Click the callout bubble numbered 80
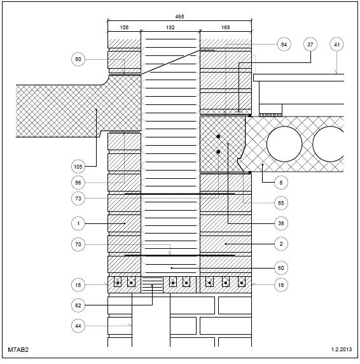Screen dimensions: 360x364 [x=78, y=59]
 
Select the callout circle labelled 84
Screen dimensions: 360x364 [x=284, y=45]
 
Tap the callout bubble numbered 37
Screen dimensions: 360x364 [x=310, y=45]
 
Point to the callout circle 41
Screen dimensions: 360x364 [x=336, y=45]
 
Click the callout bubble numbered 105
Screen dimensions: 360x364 [x=78, y=167]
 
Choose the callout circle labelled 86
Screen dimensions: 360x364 [x=78, y=183]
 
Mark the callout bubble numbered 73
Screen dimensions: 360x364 [x=78, y=199]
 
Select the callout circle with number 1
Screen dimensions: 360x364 [x=78, y=223]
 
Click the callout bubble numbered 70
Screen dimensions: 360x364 [x=78, y=244]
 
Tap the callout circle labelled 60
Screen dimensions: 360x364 [x=281, y=268]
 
